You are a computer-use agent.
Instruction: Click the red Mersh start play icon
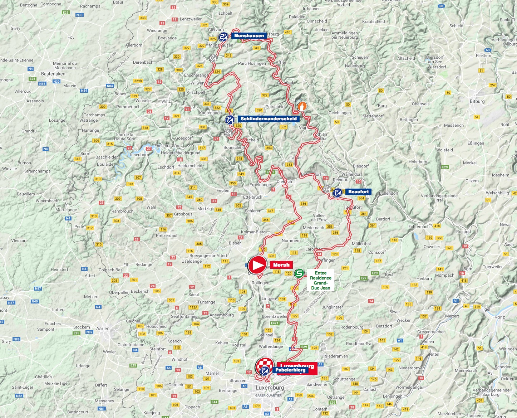pos(257,265)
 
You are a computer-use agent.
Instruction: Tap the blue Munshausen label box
pos(249,36)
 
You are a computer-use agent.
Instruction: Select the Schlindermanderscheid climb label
pos(268,118)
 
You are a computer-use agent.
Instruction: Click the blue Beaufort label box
pos(358,192)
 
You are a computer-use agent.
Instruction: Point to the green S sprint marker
pos(299,274)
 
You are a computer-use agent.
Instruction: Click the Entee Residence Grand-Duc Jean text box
pos(320,280)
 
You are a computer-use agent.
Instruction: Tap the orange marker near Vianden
pos(302,106)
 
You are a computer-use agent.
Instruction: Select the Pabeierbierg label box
pos(290,370)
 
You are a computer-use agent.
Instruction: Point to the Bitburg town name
pos(477,101)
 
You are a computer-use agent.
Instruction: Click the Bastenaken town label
pos(53,74)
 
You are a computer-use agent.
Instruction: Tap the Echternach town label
pos(419,227)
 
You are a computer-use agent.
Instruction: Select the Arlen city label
pos(103,329)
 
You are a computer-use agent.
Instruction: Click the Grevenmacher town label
pos(431,332)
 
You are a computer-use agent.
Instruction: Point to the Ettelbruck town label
pos(252,197)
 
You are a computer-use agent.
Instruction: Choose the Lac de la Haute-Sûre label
pos(125,137)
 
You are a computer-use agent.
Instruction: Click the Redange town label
pos(144,264)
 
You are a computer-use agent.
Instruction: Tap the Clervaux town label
pos(216,30)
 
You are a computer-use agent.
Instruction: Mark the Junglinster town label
pos(332,307)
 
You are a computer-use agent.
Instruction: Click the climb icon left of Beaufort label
pos(337,193)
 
